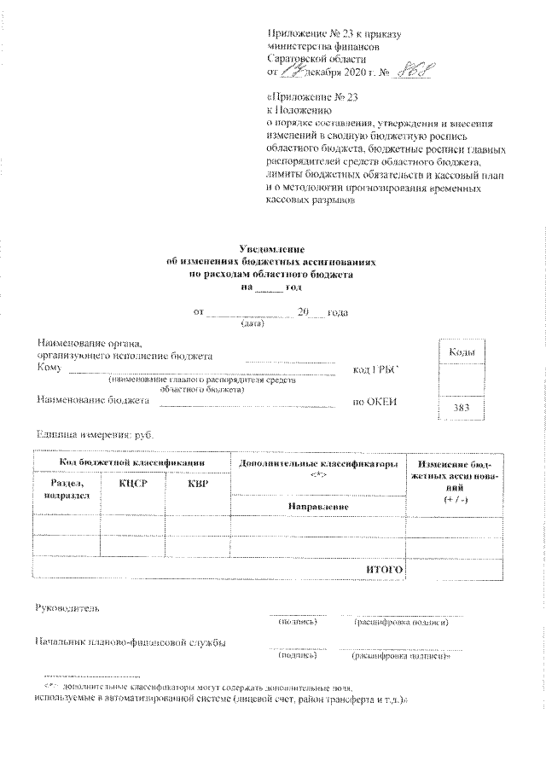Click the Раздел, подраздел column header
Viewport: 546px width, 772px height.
tap(66, 490)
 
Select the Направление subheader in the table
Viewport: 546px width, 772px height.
tap(317, 507)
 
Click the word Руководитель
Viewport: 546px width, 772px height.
tap(67, 609)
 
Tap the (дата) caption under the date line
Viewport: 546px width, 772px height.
tap(253, 325)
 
